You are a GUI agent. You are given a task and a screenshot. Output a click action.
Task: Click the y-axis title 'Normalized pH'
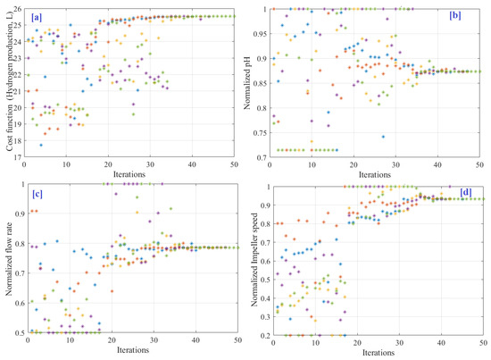pos(260,82)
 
